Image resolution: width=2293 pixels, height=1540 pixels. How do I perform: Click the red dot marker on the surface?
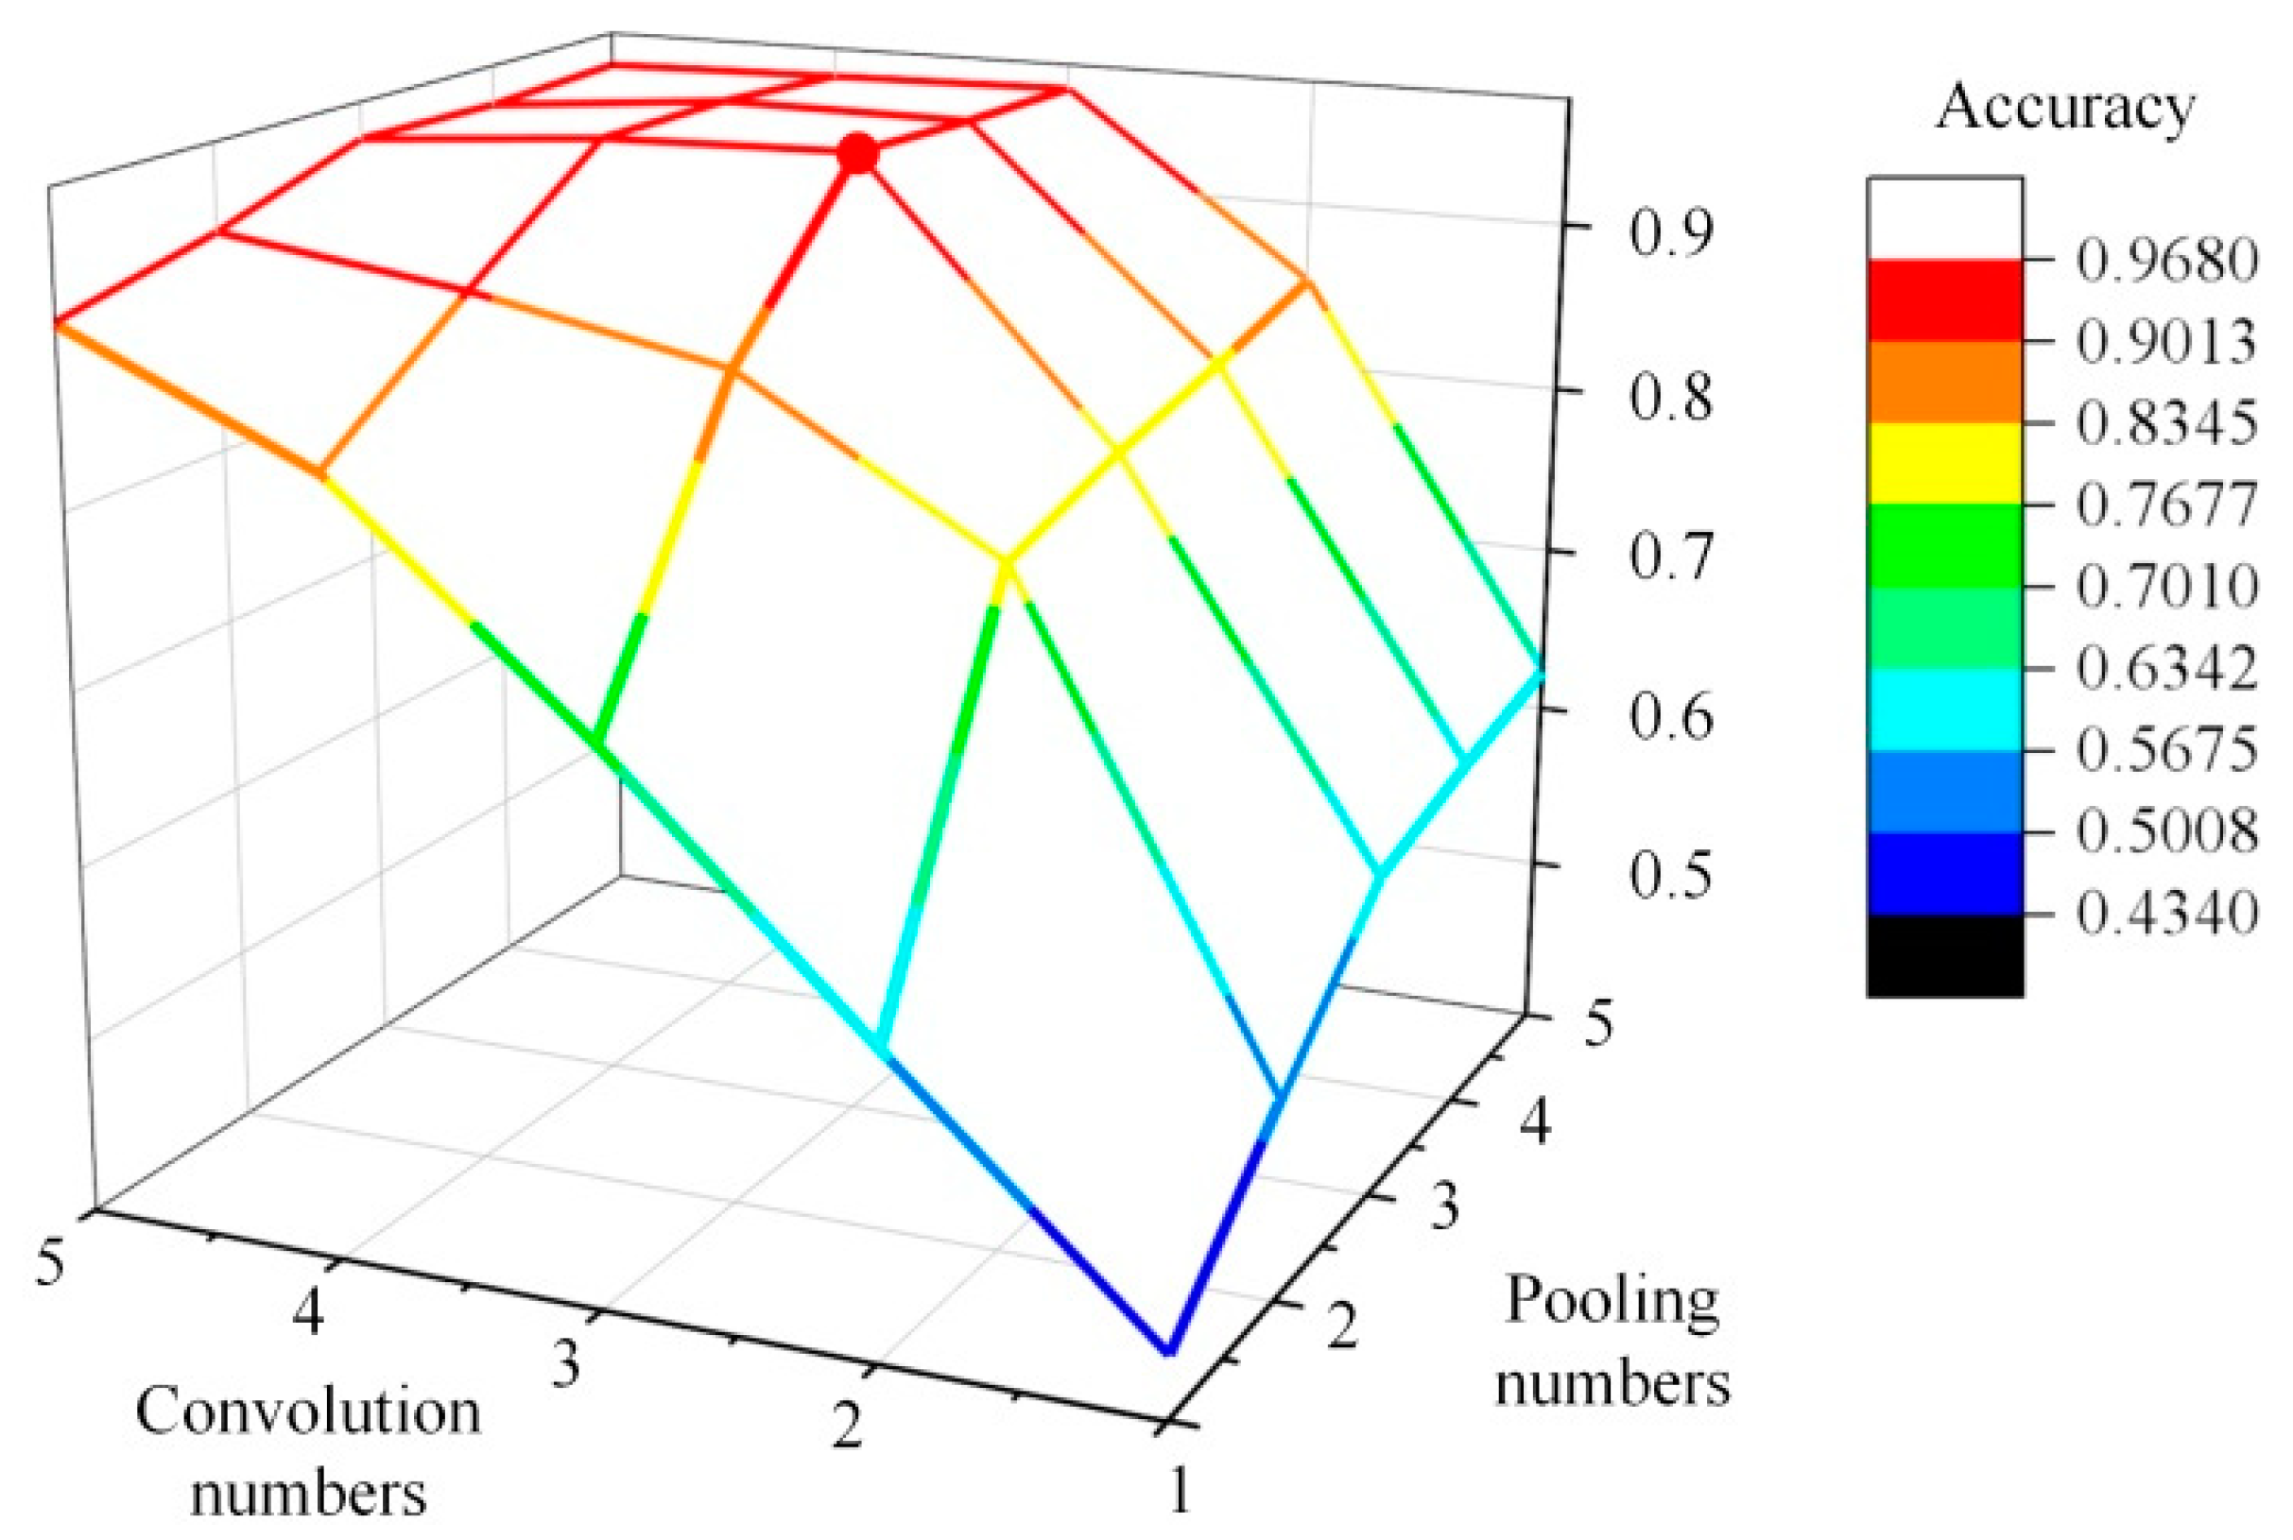tap(857, 154)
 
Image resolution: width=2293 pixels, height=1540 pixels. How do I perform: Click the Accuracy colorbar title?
tap(2064, 107)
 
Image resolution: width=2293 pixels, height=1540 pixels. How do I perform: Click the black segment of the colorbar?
tap(1944, 954)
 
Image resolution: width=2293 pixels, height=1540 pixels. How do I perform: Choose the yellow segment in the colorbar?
tap(1944, 465)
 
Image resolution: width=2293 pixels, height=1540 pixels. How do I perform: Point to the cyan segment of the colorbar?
tap(1944, 710)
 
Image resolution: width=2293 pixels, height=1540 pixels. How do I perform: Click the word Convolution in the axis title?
tap(307, 1412)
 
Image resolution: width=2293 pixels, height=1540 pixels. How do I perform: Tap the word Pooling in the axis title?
tap(1612, 1301)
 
